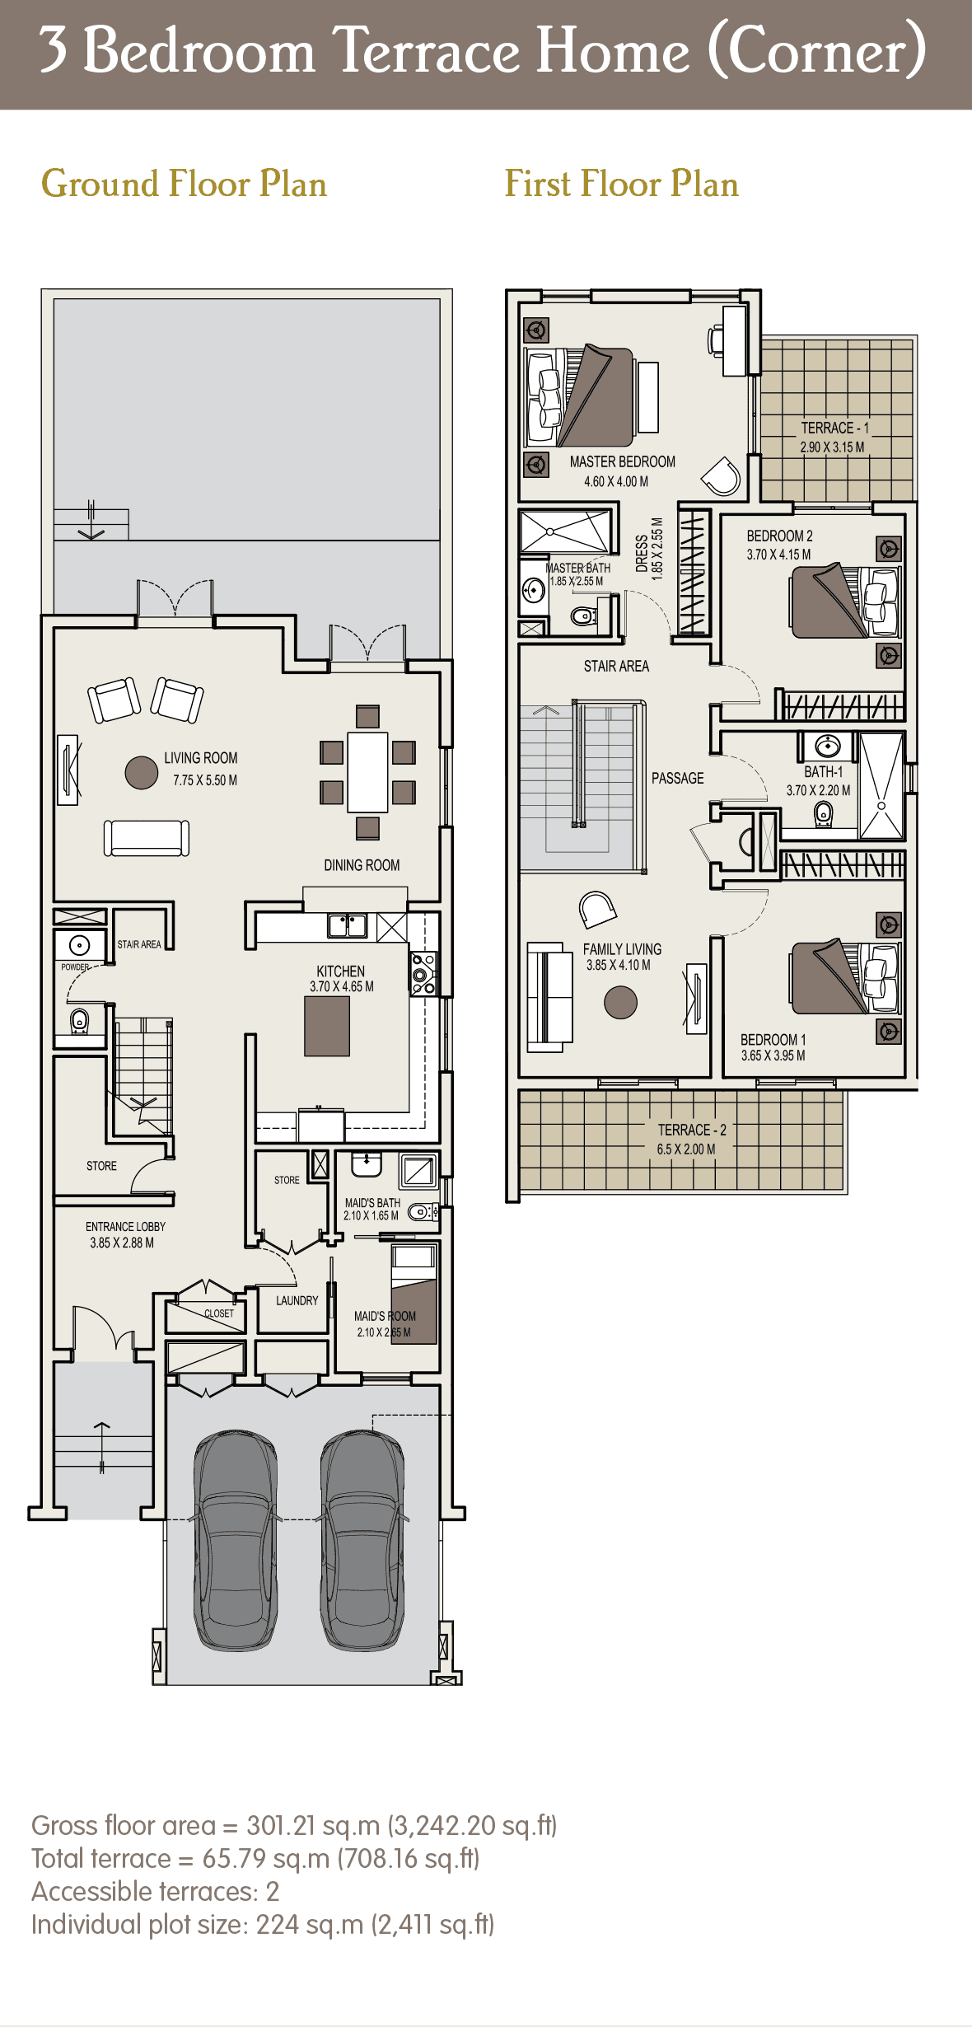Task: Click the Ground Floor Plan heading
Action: [184, 184]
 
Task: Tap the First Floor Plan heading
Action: [621, 184]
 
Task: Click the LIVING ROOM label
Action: [200, 758]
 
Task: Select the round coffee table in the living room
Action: [142, 773]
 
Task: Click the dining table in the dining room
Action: [367, 772]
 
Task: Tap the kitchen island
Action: [327, 1026]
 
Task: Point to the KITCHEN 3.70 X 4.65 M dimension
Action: [341, 986]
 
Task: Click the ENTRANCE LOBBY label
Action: [125, 1227]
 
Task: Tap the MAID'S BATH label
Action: [372, 1203]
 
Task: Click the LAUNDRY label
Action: [297, 1300]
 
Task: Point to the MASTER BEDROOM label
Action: [622, 462]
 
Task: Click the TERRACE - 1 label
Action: [834, 428]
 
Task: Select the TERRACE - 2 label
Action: [691, 1130]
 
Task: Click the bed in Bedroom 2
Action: [832, 602]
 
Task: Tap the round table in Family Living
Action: [620, 1003]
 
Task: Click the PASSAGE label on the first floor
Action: [677, 779]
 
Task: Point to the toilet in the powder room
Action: [79, 1020]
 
